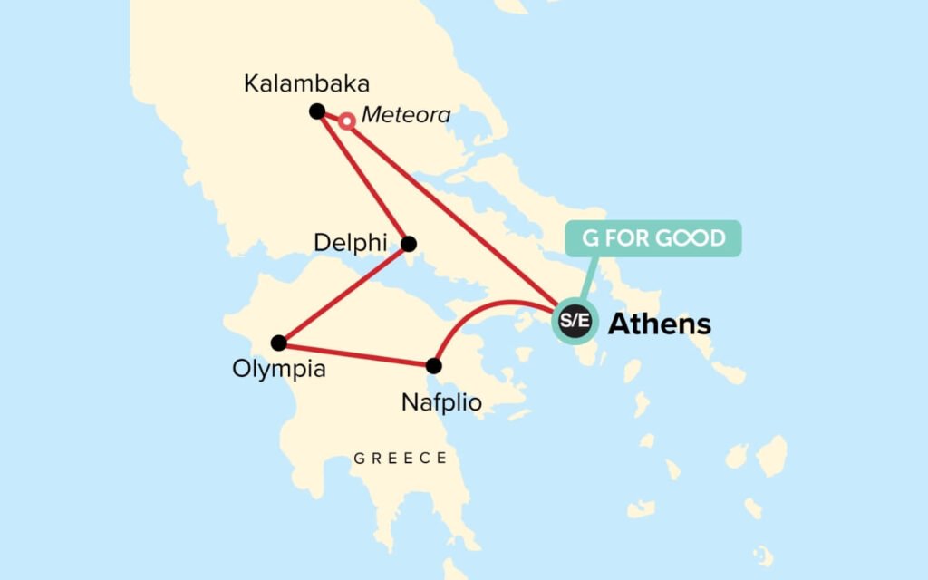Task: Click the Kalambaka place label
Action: coord(307,84)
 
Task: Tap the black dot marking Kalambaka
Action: coord(316,111)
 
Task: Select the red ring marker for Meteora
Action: coord(346,121)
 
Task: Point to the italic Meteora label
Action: coord(405,116)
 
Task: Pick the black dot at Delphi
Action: coord(409,244)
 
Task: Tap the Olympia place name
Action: coord(278,370)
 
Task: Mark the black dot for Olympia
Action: coord(279,343)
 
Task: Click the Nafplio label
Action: coord(441,402)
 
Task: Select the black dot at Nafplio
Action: coord(434,366)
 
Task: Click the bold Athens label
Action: coord(659,324)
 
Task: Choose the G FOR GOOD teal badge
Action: coord(653,239)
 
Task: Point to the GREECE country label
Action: coord(401,459)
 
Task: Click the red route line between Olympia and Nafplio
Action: coord(356,354)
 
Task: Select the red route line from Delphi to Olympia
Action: coord(344,293)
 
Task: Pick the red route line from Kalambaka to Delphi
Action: coord(362,178)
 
